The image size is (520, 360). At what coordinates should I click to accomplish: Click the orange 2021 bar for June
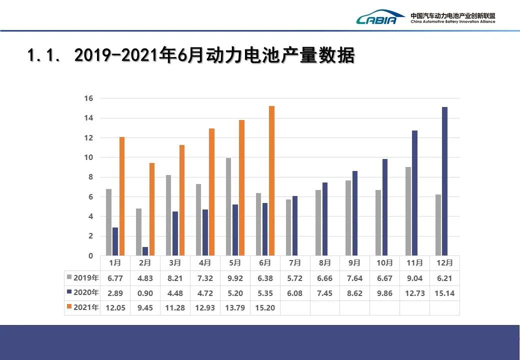(271, 180)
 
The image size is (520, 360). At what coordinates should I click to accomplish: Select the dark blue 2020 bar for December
(444, 181)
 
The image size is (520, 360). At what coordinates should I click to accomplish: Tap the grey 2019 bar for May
(228, 206)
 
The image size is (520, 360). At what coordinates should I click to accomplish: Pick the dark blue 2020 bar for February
(145, 251)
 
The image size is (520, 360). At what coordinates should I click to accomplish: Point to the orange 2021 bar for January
(121, 196)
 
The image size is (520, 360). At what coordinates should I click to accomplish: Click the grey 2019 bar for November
(408, 211)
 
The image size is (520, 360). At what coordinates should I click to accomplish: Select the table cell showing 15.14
(444, 293)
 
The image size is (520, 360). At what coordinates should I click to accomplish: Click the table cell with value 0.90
(145, 293)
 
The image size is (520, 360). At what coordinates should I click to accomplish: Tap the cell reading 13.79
(235, 307)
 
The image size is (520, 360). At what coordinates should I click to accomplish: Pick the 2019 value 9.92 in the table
(235, 278)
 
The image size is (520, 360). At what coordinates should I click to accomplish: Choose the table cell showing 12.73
(414, 293)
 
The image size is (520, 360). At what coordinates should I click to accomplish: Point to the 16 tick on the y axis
(88, 98)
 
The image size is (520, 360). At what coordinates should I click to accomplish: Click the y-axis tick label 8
(90, 177)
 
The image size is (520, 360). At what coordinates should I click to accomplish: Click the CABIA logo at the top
(380, 18)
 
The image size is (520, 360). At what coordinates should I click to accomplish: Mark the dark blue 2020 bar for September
(355, 213)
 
